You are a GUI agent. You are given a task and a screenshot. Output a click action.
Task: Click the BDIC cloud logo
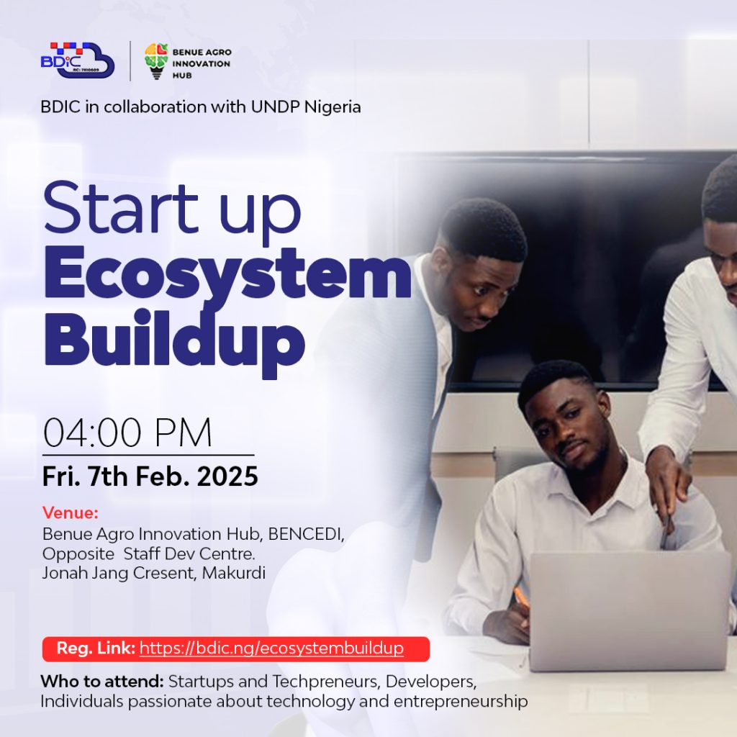pyautogui.click(x=78, y=60)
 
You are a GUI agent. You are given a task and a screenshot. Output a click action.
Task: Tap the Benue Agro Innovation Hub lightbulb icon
pyautogui.click(x=156, y=61)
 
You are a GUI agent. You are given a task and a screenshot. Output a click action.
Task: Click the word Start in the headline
pyautogui.click(x=121, y=208)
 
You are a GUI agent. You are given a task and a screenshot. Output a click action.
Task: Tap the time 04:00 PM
pyautogui.click(x=127, y=433)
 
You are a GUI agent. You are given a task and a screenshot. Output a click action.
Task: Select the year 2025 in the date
pyautogui.click(x=227, y=476)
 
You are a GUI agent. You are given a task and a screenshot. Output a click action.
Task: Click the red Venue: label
pyautogui.click(x=71, y=512)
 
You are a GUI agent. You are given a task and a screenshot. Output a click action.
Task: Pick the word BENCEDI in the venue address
pyautogui.click(x=306, y=535)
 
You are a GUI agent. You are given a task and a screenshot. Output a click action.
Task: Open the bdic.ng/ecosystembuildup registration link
pyautogui.click(x=271, y=648)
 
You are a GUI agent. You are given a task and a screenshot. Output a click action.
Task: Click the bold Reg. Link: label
pyautogui.click(x=96, y=648)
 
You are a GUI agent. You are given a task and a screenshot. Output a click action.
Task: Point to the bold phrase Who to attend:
pyautogui.click(x=102, y=681)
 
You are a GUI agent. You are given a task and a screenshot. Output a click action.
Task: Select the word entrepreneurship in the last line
pyautogui.click(x=461, y=702)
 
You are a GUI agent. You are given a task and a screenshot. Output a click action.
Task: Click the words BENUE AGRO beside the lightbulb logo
pyautogui.click(x=202, y=52)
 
